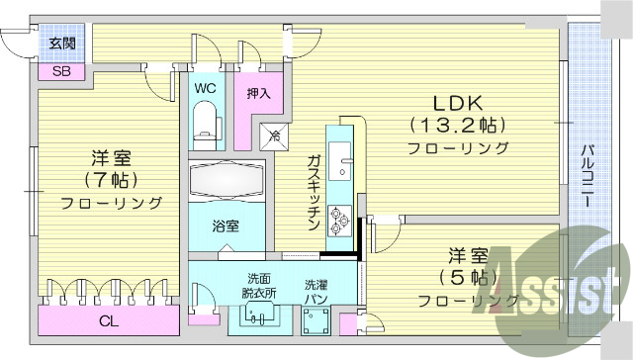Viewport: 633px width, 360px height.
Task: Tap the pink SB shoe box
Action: pos(61,71)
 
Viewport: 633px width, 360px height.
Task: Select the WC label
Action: pos(205,88)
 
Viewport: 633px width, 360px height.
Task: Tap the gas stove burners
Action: pos(340,219)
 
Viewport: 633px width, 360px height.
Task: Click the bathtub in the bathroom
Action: pos(226,182)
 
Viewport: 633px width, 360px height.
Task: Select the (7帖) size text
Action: pos(110,180)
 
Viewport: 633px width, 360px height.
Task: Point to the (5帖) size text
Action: pos(465,276)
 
